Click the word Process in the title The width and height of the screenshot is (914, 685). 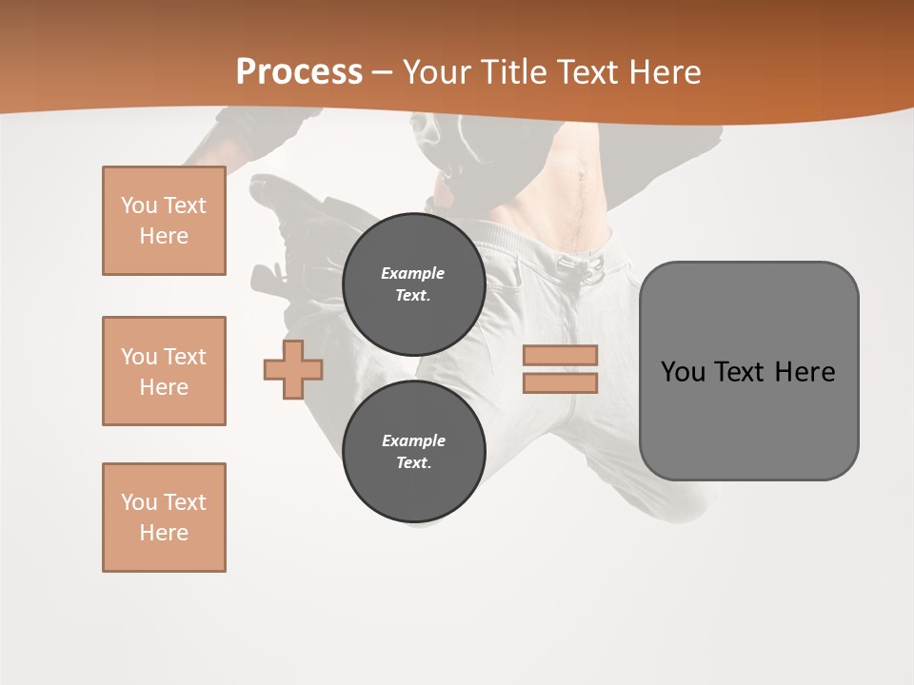click(299, 71)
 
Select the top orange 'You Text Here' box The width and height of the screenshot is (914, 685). click(164, 221)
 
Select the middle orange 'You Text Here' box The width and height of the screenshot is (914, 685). click(164, 371)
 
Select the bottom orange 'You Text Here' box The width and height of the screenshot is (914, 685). click(164, 518)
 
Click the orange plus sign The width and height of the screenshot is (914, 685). click(293, 369)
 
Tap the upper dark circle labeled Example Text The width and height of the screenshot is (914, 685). click(413, 284)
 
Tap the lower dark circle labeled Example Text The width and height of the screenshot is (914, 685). click(413, 452)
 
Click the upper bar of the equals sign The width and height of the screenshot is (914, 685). click(560, 356)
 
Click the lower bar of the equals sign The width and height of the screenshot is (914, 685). click(560, 383)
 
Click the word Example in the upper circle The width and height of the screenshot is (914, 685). click(413, 273)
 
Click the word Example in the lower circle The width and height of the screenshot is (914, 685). click(413, 440)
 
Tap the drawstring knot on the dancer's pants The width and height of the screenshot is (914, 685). click(589, 266)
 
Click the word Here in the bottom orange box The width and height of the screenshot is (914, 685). click(164, 533)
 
